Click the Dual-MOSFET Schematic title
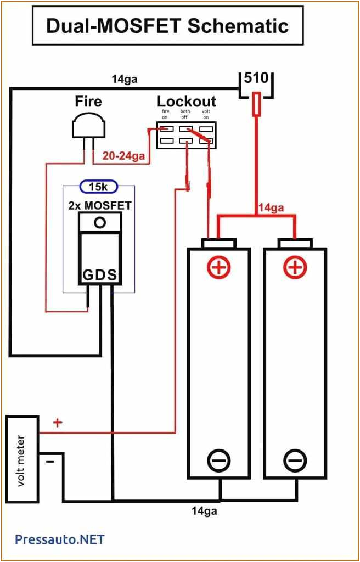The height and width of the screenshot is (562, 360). (167, 26)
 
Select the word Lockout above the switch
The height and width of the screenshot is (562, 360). (187, 102)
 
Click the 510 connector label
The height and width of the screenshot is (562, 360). (256, 77)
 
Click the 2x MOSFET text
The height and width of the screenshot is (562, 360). (99, 205)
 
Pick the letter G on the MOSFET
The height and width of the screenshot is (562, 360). (88, 274)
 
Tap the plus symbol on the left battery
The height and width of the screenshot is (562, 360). (218, 267)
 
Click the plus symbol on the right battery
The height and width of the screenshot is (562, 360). (295, 267)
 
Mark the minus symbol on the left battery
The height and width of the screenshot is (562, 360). (218, 459)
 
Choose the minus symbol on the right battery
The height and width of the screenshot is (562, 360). (295, 459)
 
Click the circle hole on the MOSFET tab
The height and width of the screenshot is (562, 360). (99, 222)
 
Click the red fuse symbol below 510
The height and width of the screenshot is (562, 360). (256, 104)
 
